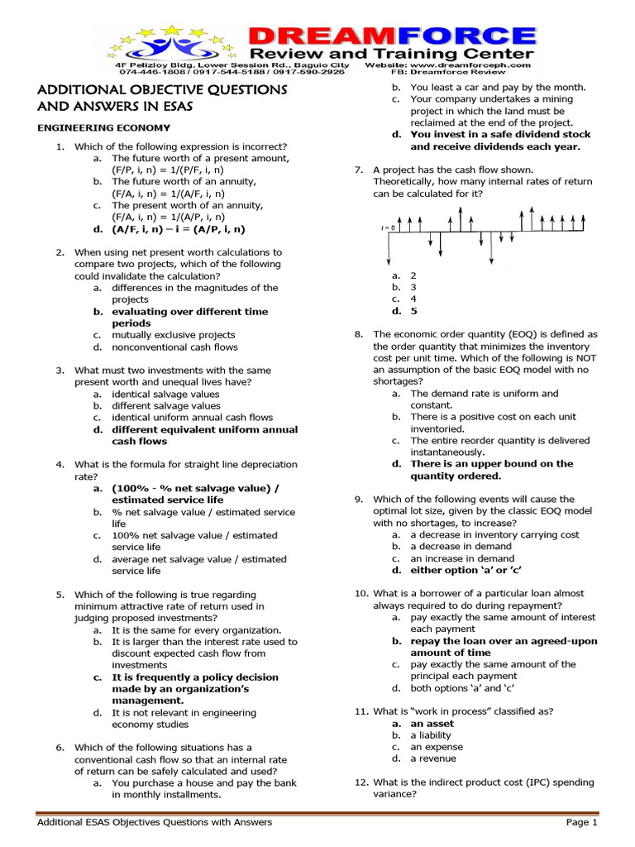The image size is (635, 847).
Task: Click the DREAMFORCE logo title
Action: pyautogui.click(x=392, y=36)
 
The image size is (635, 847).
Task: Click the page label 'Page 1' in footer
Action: pyautogui.click(x=581, y=822)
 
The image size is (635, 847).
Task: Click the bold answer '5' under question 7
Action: pyautogui.click(x=414, y=311)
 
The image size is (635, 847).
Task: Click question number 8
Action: pyautogui.click(x=359, y=334)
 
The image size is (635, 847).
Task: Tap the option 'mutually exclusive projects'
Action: pyautogui.click(x=174, y=335)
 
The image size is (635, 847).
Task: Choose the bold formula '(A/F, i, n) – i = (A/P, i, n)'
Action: pyautogui.click(x=179, y=229)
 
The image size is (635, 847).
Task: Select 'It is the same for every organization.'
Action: pyautogui.click(x=196, y=629)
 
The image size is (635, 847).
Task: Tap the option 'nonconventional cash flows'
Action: pyautogui.click(x=174, y=347)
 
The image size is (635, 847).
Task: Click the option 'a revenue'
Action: pyautogui.click(x=430, y=758)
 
